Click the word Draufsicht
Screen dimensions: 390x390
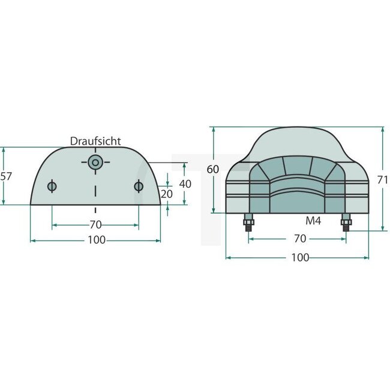point(95,141)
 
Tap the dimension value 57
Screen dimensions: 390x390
point(6,176)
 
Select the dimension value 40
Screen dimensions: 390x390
point(185,184)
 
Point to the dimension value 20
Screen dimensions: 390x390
point(167,194)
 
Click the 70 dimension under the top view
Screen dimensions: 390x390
point(96,225)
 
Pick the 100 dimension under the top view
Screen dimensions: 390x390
point(97,240)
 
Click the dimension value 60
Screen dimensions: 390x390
point(212,169)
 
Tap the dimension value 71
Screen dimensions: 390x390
point(383,180)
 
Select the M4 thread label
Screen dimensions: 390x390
point(313,221)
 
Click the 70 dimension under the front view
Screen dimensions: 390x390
point(300,239)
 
